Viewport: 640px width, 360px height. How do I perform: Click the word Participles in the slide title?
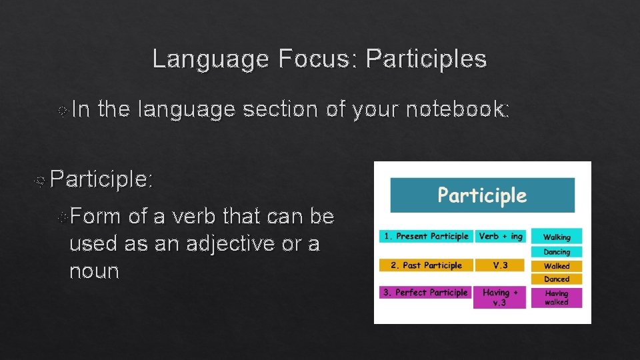pyautogui.click(x=427, y=60)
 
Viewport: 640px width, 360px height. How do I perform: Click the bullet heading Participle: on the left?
pyautogui.click(x=101, y=179)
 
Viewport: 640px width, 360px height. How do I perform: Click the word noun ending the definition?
pyautogui.click(x=94, y=271)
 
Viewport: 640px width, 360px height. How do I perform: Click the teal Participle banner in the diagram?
pyautogui.click(x=482, y=195)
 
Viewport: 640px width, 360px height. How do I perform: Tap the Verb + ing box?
pyautogui.click(x=502, y=236)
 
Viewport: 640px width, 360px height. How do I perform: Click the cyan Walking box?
pyautogui.click(x=557, y=236)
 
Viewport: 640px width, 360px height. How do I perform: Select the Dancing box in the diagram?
pyautogui.click(x=557, y=252)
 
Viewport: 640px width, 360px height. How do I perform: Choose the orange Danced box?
pyautogui.click(x=557, y=279)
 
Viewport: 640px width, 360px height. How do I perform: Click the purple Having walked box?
pyautogui.click(x=557, y=297)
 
